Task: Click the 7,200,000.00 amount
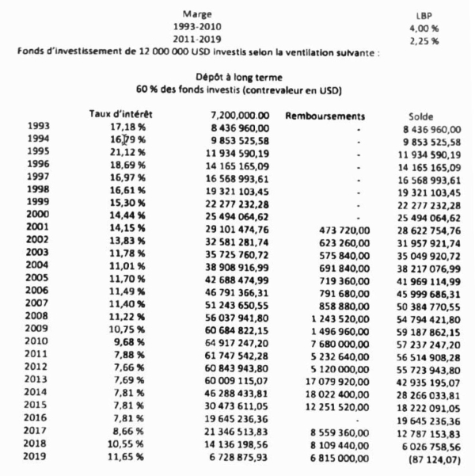tap(237, 116)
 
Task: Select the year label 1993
tap(38, 127)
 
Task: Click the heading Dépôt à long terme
tap(235, 78)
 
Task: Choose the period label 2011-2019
tap(197, 40)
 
